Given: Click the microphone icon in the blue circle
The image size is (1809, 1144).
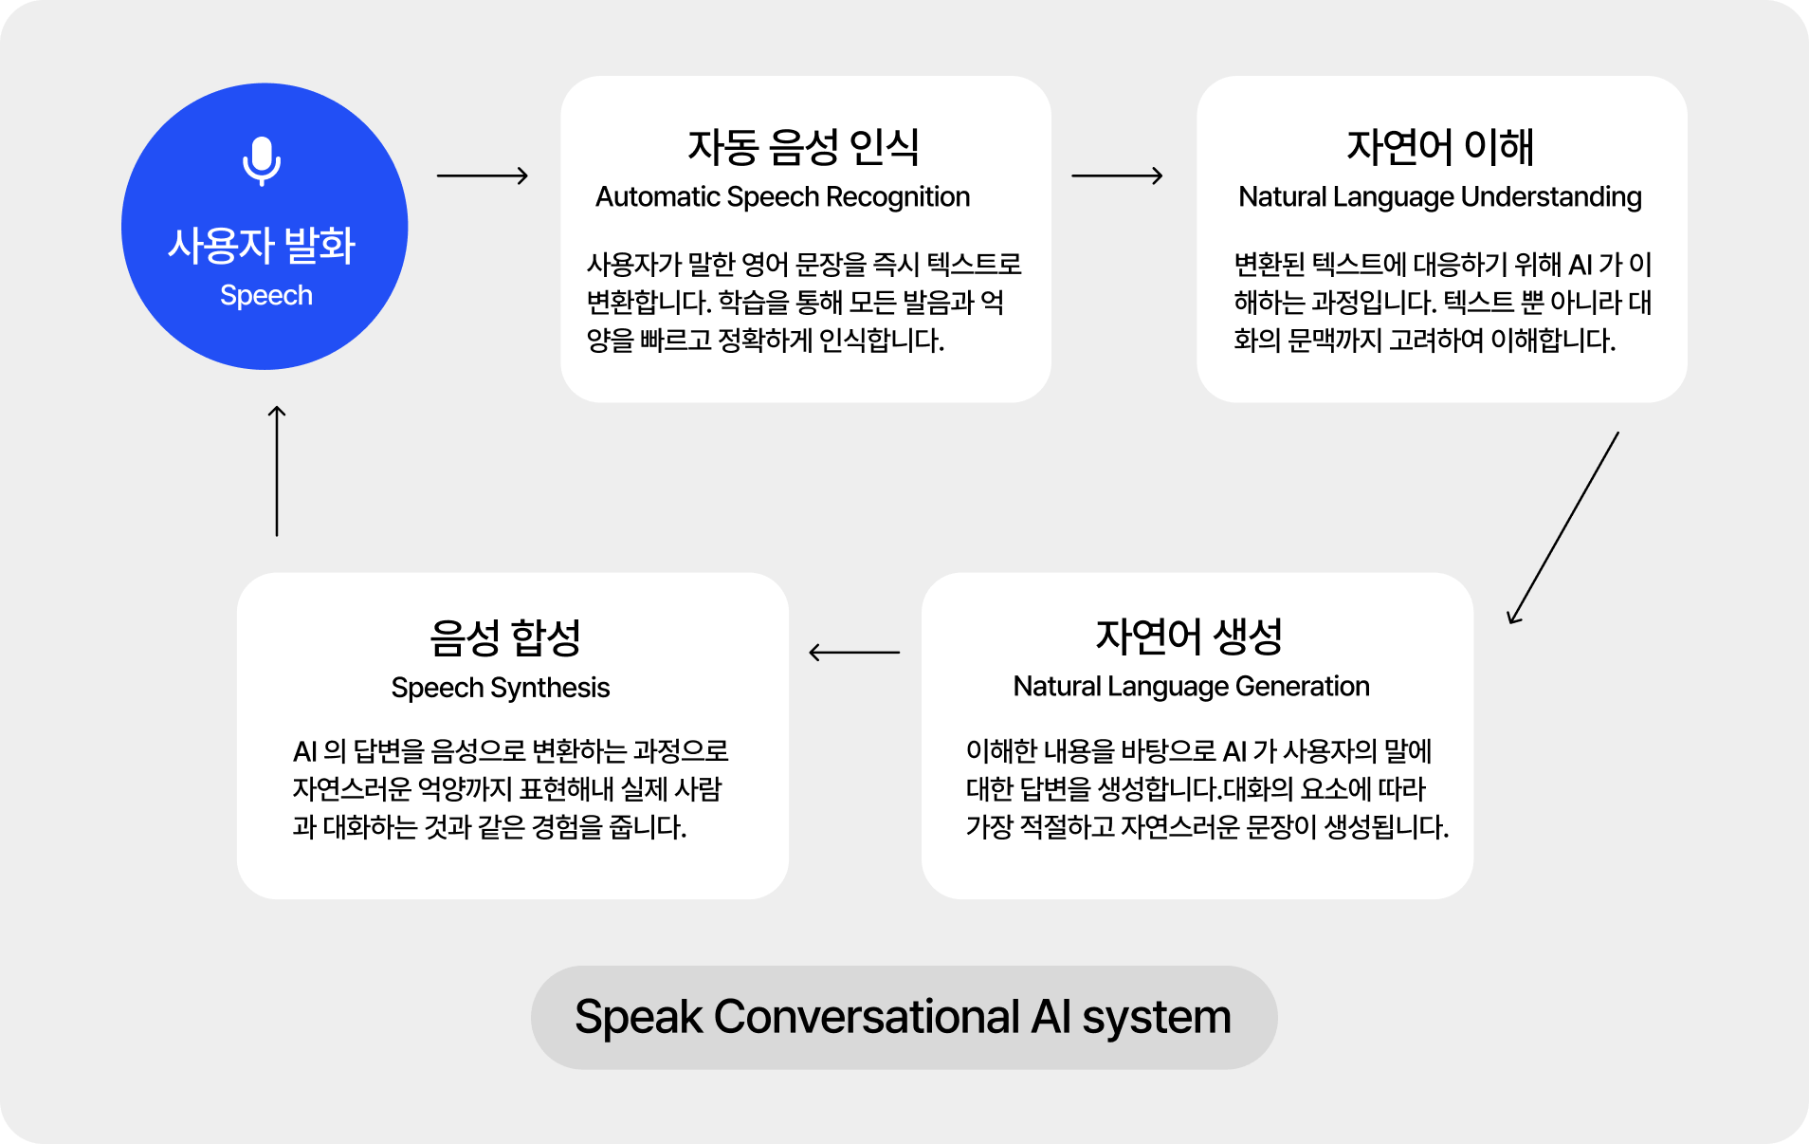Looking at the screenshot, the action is [x=262, y=161].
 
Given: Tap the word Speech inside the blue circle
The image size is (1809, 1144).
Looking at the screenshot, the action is [x=266, y=296].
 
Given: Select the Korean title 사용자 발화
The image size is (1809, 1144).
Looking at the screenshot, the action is [x=262, y=245].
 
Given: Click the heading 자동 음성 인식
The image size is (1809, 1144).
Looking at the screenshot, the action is [x=804, y=146].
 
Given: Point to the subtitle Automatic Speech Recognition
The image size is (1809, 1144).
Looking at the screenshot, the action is [x=783, y=196].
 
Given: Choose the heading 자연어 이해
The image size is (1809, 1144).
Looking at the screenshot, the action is [x=1440, y=146].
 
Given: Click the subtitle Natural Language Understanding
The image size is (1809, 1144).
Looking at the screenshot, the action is [x=1440, y=196].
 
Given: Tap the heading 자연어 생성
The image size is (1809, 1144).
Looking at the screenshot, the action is [x=1190, y=636].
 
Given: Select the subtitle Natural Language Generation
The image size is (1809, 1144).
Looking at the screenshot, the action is [x=1192, y=686].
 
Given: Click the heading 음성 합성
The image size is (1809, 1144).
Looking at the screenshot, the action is [x=505, y=637].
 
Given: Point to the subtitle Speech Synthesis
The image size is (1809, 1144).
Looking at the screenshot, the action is [x=501, y=687].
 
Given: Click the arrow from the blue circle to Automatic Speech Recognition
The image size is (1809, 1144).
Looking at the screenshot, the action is [x=483, y=175].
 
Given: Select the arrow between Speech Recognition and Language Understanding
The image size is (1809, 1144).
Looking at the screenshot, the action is [x=1117, y=175].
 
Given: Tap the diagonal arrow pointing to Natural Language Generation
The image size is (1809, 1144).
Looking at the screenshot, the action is [x=1563, y=527].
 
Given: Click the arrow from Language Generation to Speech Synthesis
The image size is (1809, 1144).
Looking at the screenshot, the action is [x=854, y=653].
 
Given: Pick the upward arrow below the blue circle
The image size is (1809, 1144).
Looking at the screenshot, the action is [x=277, y=471].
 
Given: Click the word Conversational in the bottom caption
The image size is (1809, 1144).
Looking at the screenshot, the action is [x=867, y=1017].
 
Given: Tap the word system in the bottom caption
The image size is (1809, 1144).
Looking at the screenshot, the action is [x=1157, y=1019].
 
